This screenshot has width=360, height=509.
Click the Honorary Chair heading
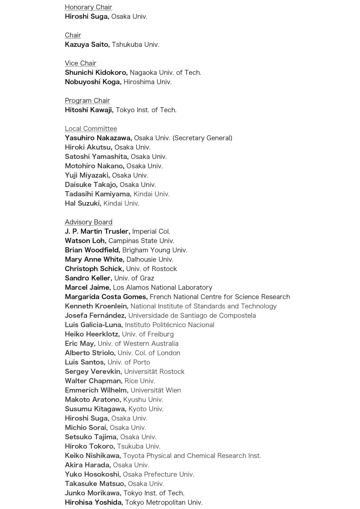[88, 7]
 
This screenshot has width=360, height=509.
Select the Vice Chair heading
[81, 63]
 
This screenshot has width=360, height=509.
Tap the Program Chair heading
[87, 101]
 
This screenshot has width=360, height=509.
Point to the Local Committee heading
[91, 129]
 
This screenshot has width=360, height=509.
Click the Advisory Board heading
[88, 222]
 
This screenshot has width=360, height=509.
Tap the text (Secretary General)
[202, 138]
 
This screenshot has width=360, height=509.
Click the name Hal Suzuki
[83, 204]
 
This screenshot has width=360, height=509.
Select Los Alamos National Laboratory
[162, 287]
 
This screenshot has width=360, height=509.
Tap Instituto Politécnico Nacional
[170, 325]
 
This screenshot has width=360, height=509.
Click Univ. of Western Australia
[138, 344]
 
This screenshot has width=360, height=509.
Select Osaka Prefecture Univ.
[158, 474]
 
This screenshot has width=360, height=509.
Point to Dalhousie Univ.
[150, 259]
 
